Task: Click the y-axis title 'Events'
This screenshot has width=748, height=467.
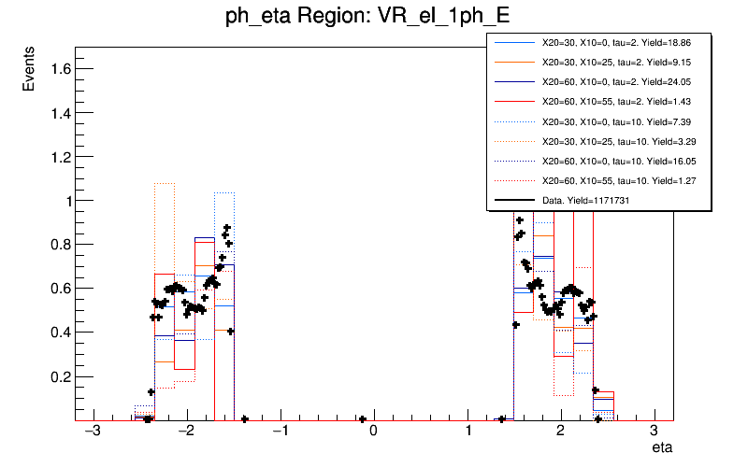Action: (29, 71)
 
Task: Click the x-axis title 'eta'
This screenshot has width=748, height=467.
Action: (662, 449)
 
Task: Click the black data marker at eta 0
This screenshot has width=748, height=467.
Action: (363, 419)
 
